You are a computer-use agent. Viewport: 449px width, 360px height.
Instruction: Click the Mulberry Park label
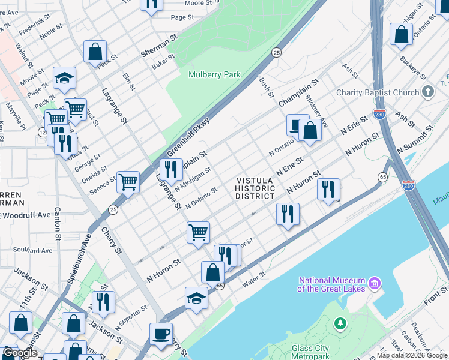[214, 75]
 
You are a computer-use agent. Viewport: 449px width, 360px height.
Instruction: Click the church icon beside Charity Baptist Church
[427, 92]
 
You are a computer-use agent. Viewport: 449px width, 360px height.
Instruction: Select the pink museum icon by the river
[375, 282]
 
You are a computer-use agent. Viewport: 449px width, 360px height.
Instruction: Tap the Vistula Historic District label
[255, 188]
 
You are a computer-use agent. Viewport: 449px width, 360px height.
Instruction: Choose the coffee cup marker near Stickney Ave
[297, 124]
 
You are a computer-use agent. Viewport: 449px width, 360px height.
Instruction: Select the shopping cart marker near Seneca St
[128, 181]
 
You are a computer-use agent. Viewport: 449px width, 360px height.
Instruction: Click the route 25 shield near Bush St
[276, 53]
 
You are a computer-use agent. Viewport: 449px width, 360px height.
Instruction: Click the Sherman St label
[157, 53]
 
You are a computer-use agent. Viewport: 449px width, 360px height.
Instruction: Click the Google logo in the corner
[19, 353]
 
